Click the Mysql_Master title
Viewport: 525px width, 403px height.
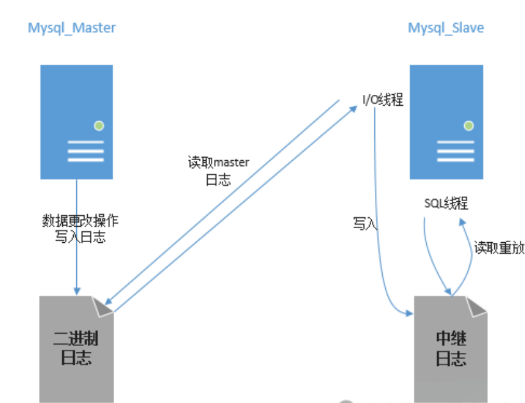pos(72,28)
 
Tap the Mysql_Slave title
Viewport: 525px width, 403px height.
pos(446,28)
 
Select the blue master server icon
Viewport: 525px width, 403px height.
pos(76,122)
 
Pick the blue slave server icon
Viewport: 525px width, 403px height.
pos(446,122)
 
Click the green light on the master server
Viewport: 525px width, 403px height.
pos(98,125)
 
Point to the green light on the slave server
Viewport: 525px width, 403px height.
pos(469,125)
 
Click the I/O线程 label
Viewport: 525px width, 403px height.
pos(382,99)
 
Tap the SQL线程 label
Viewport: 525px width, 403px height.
pos(446,204)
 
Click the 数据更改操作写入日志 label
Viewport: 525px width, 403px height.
pos(79,229)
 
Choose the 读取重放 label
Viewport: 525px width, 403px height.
pos(499,248)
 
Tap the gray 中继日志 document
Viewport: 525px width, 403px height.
pos(449,349)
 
